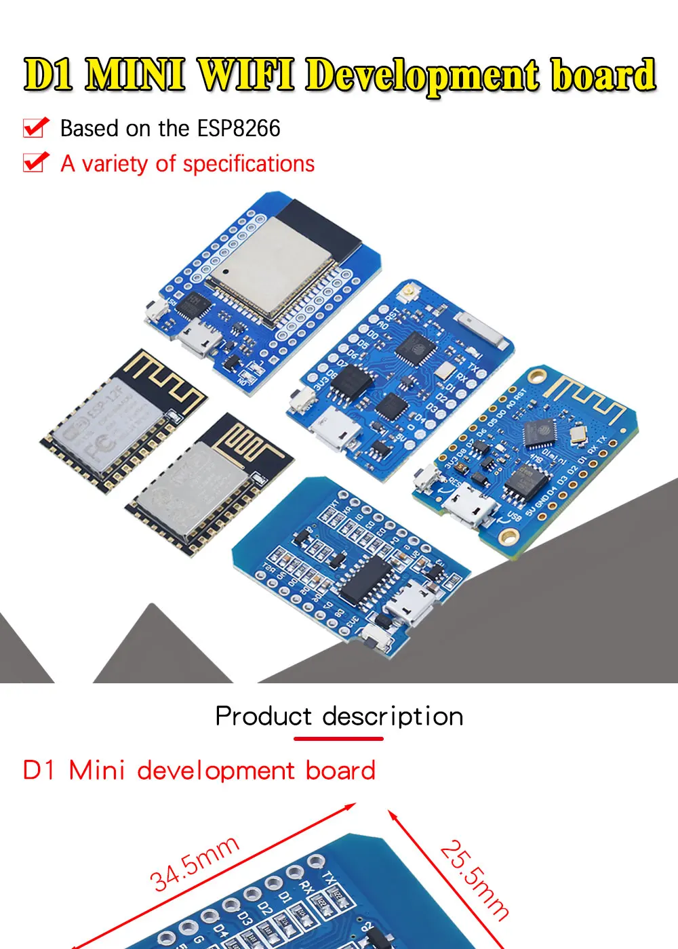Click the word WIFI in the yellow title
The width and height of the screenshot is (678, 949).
[x=245, y=75]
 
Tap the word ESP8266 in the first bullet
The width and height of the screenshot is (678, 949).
[x=239, y=128]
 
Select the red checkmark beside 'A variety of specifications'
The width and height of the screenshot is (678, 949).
[x=36, y=162]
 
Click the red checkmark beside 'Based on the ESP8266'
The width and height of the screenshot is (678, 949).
[x=36, y=127]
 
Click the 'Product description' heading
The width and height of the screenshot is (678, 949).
[x=339, y=716]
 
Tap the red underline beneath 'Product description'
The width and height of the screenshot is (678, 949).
[x=339, y=738]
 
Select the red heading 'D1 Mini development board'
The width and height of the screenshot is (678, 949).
[x=199, y=771]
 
